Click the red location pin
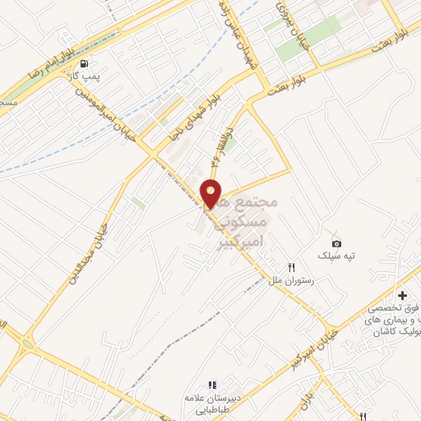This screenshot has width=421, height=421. [211, 193]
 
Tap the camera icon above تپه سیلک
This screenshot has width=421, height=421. [336, 243]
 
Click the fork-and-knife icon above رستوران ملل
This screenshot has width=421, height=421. [291, 267]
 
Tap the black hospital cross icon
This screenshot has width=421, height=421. [402, 295]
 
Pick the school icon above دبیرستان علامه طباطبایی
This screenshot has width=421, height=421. [211, 384]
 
